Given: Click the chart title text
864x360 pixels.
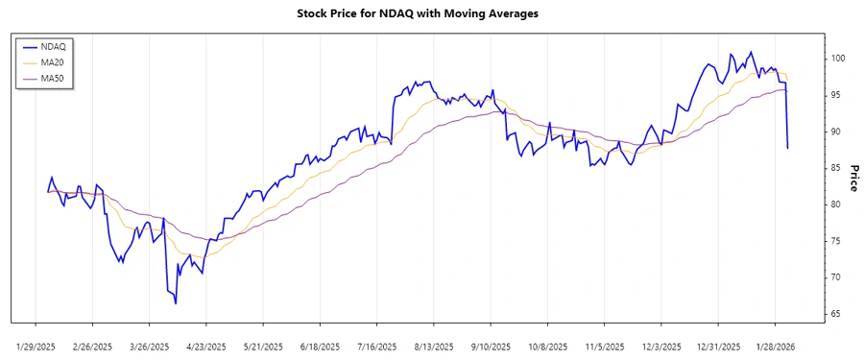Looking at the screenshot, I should tap(431, 13).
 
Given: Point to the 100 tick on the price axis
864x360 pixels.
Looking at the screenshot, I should tap(838, 59).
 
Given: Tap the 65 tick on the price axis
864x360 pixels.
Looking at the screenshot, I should tap(835, 314).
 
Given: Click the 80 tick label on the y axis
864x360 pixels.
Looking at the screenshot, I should tap(835, 204).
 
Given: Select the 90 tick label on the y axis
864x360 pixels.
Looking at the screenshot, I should tap(835, 132).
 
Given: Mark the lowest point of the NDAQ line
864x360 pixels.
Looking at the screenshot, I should tap(176, 303).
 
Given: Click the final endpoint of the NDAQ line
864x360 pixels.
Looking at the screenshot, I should tap(788, 148).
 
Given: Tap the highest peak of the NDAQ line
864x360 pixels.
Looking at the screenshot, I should tap(751, 52).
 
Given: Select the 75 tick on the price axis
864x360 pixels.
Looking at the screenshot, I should tap(835, 241).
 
